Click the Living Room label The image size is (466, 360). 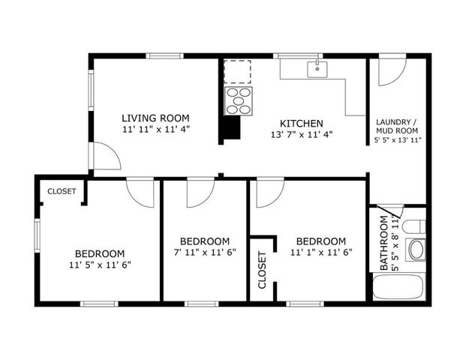pos(155,118)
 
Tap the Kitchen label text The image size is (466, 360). pos(301,123)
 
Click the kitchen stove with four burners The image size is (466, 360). pos(239,100)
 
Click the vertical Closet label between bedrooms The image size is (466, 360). pos(262,271)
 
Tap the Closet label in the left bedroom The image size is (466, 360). pos(62,191)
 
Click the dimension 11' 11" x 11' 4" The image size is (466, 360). pos(155,129)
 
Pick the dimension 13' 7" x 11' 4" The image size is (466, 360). pos(301,135)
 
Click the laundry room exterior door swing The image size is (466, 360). pos(389,72)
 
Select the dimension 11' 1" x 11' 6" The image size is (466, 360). pos(320,253)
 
